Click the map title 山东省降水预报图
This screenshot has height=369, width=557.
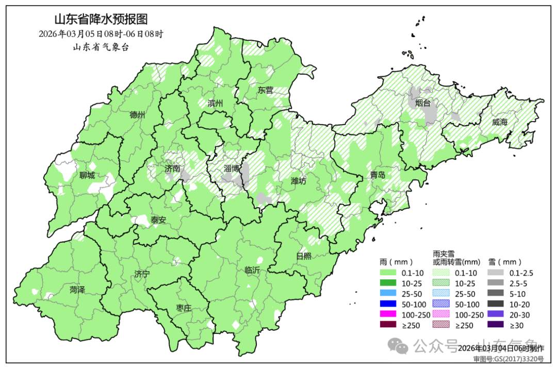(x=101, y=20)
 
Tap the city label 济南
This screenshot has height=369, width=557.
(x=172, y=169)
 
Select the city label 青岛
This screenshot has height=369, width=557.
(x=377, y=175)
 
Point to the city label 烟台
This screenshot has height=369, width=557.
(x=423, y=103)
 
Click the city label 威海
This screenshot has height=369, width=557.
(x=500, y=122)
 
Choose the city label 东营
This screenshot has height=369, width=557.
(x=266, y=90)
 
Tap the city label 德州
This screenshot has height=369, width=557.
(x=137, y=115)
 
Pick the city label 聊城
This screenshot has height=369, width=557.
(x=87, y=175)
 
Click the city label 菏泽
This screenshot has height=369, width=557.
(x=77, y=290)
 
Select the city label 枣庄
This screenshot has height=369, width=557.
(x=184, y=308)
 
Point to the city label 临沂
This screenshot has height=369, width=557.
(x=252, y=270)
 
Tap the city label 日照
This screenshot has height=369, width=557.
(x=304, y=256)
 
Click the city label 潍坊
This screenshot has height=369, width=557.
(x=299, y=181)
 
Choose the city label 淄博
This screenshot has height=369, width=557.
(x=232, y=169)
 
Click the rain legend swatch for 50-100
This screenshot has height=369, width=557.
(x=388, y=304)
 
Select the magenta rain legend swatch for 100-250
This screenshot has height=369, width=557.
(x=388, y=314)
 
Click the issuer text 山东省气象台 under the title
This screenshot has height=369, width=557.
(x=101, y=47)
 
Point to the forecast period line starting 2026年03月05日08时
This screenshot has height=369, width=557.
(x=101, y=34)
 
